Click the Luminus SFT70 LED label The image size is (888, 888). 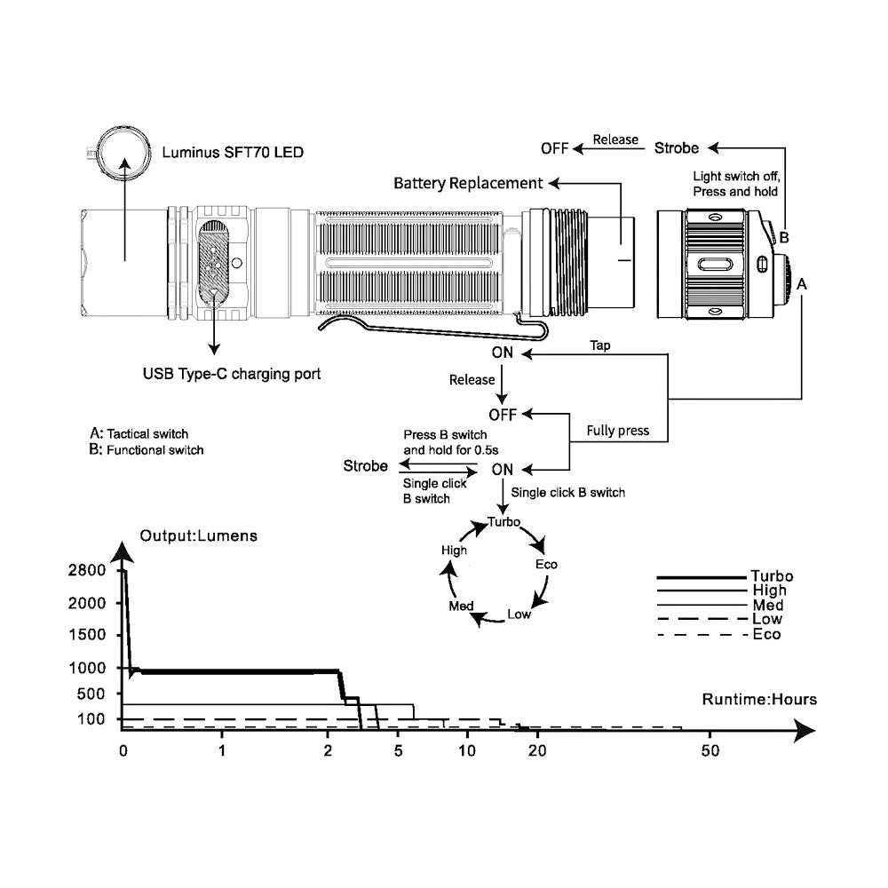233,153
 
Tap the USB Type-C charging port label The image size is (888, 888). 231,375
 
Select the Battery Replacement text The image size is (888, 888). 468,184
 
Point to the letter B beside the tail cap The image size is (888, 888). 784,237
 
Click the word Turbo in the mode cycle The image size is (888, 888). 504,522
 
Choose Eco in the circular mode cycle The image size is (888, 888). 546,565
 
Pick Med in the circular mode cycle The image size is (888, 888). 462,606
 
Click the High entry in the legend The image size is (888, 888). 768,591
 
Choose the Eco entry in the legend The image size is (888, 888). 767,635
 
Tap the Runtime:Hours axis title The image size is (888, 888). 759,700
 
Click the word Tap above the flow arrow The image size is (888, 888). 600,345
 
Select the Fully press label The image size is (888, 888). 618,432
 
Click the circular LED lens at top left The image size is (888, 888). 123,154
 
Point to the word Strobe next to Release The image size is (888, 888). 677,147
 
